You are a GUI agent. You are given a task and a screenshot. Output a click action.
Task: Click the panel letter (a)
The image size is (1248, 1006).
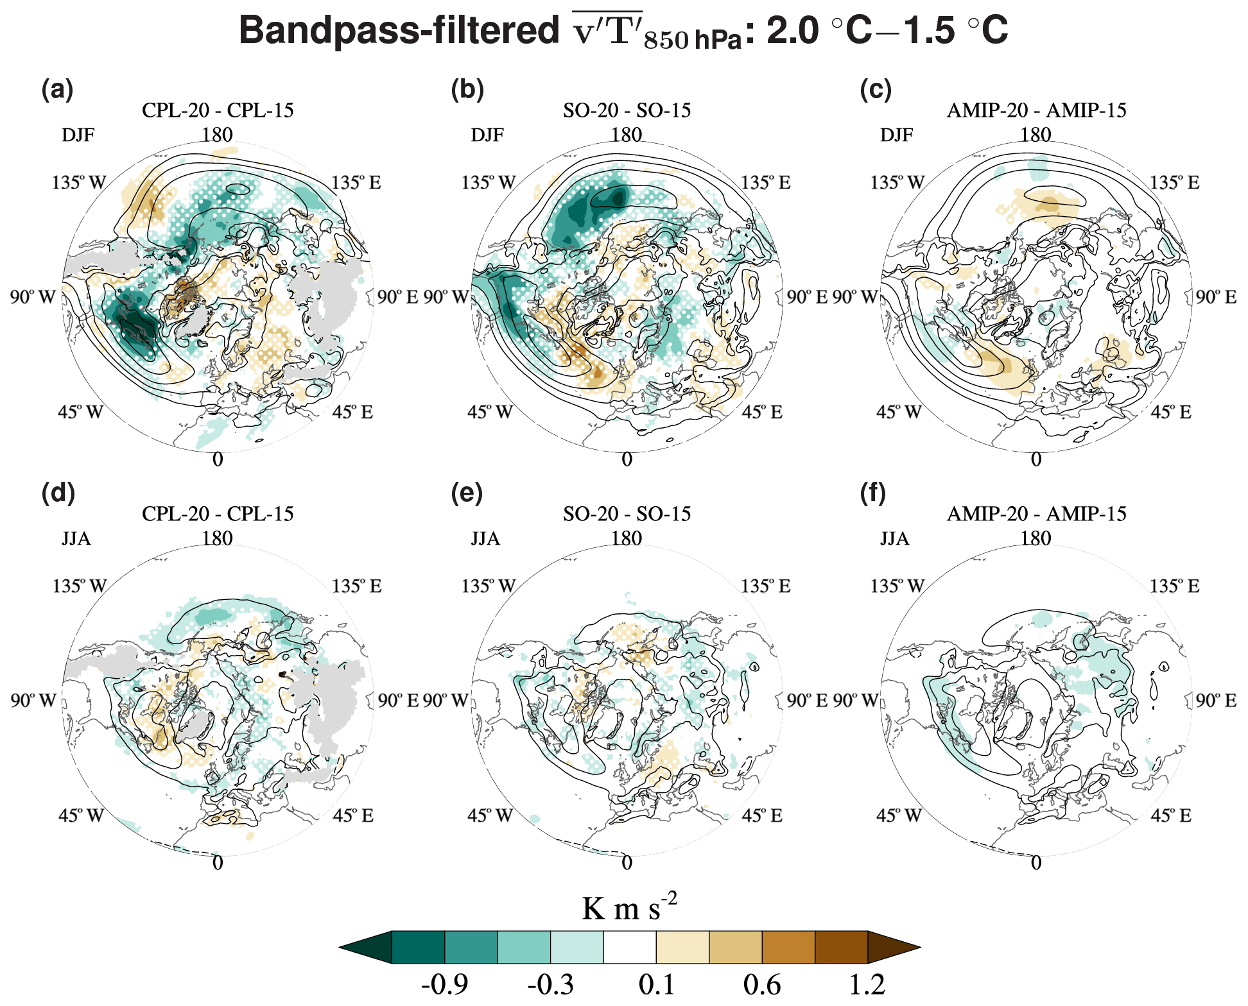[57, 90]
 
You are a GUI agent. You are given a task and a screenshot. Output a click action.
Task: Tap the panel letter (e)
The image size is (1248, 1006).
[467, 493]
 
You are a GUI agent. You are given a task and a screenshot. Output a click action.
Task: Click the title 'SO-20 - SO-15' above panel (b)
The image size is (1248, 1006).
[627, 110]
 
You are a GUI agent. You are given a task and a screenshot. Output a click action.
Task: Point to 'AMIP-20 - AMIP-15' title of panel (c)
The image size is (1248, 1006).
[1036, 110]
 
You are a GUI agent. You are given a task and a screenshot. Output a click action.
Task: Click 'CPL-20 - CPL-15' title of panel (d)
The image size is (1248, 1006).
[218, 514]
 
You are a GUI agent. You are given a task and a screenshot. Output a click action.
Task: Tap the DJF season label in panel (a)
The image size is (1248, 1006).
[78, 135]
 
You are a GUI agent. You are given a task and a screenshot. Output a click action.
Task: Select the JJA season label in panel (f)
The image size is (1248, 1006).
[894, 539]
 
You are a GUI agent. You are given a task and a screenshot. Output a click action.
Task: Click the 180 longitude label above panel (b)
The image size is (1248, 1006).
[627, 135]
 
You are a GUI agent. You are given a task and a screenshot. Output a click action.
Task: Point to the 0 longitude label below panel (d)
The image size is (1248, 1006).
[218, 863]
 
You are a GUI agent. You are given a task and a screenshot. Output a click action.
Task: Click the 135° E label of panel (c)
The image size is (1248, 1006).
[1174, 183]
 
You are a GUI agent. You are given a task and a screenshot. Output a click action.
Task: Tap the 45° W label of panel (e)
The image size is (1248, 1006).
[490, 816]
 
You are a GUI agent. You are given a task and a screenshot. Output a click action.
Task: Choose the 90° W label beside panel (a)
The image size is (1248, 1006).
[33, 298]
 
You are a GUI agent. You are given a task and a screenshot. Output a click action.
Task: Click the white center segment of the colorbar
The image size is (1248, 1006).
[630, 947]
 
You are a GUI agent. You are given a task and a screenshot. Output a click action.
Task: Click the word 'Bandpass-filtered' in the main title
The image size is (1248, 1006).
[399, 31]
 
